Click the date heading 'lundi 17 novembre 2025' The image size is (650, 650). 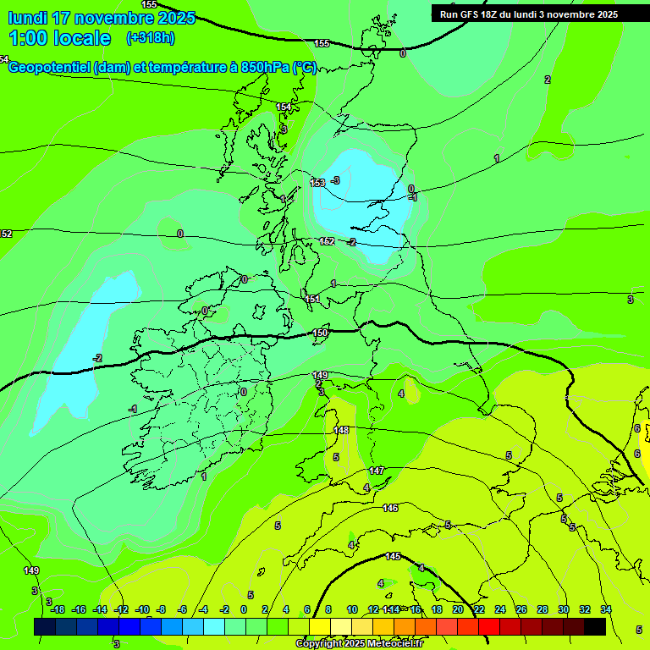click(102, 18)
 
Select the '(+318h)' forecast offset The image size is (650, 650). click(151, 38)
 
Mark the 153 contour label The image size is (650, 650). click(317, 183)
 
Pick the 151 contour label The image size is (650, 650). click(312, 299)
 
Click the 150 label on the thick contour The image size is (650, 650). click(320, 333)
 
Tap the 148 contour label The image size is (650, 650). click(341, 430)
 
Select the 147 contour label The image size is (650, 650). click(377, 471)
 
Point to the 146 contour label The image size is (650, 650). click(390, 508)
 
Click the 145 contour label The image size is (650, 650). click(393, 556)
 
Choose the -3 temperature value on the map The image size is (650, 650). click(335, 180)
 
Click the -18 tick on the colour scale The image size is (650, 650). click(58, 609)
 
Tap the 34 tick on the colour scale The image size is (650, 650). click(606, 609)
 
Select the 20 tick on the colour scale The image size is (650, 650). click(458, 609)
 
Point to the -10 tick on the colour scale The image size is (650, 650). click(142, 609)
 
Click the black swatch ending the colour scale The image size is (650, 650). click(595, 626)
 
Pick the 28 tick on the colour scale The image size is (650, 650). click(543, 609)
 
